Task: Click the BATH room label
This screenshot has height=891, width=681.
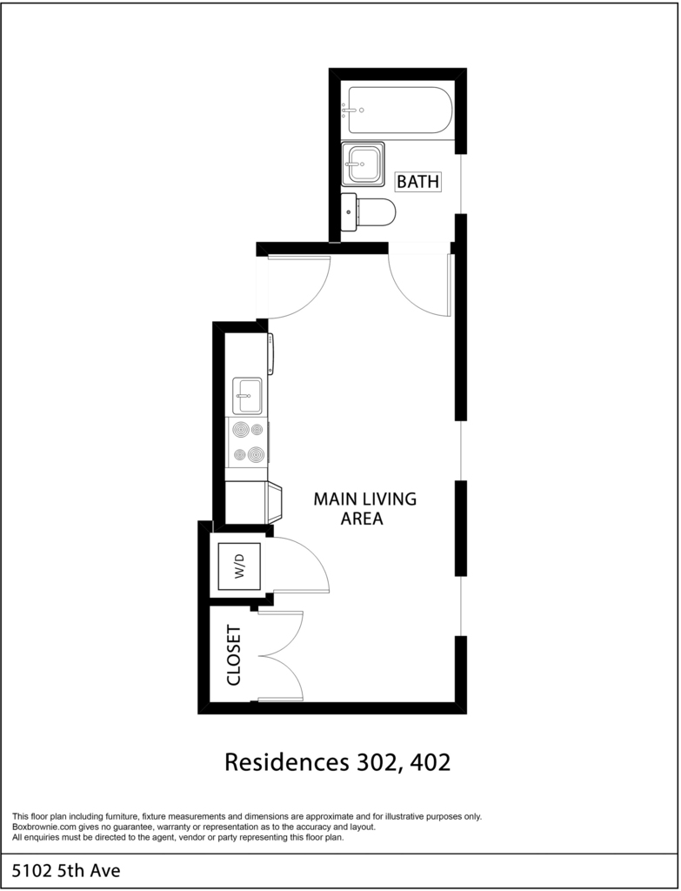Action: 418,182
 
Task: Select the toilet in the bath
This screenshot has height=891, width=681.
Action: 368,212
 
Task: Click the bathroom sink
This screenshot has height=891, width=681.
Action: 363,164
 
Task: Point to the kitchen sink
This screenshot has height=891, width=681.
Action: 247,396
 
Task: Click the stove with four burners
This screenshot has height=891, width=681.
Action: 248,442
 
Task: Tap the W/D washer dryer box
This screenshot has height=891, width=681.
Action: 240,566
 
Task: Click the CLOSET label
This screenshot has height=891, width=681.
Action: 234,655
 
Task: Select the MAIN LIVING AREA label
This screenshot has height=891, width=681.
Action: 364,508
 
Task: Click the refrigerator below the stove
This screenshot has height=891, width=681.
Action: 253,502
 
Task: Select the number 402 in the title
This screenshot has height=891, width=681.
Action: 430,762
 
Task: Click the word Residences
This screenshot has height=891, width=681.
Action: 287,762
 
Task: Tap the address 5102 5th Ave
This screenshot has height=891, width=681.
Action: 66,870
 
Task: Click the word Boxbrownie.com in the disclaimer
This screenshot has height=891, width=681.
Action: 37,827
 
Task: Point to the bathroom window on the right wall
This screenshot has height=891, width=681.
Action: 461,184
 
